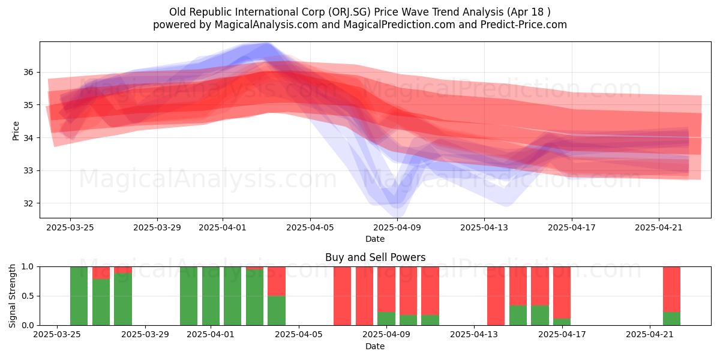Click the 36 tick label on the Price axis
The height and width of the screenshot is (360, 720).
tap(28, 73)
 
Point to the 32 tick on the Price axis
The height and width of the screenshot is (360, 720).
tap(28, 203)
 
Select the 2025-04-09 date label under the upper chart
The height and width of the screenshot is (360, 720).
tap(397, 227)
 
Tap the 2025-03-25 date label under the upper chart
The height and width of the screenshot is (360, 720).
tap(70, 227)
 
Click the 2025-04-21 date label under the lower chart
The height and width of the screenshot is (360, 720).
tap(649, 335)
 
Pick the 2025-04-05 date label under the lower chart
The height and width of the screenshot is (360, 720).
tap(299, 335)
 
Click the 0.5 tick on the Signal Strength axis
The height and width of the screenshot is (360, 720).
tap(28, 296)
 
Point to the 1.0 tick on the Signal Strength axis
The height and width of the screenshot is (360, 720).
tap(28, 267)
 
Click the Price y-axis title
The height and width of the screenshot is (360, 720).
tap(16, 131)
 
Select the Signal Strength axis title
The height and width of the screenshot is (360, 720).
tap(12, 296)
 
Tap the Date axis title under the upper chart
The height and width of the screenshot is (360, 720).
tap(375, 239)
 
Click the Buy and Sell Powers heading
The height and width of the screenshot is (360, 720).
tap(375, 257)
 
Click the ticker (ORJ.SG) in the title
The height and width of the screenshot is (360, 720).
tap(349, 12)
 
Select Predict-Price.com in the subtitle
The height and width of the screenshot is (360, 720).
tap(524, 25)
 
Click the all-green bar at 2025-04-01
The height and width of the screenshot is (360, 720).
tap(211, 296)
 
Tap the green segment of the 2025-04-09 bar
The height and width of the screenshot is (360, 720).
tap(386, 319)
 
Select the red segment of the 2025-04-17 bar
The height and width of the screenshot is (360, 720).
tap(562, 293)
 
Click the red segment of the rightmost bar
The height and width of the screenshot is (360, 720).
tap(671, 289)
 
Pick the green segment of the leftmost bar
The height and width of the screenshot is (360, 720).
tap(79, 296)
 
